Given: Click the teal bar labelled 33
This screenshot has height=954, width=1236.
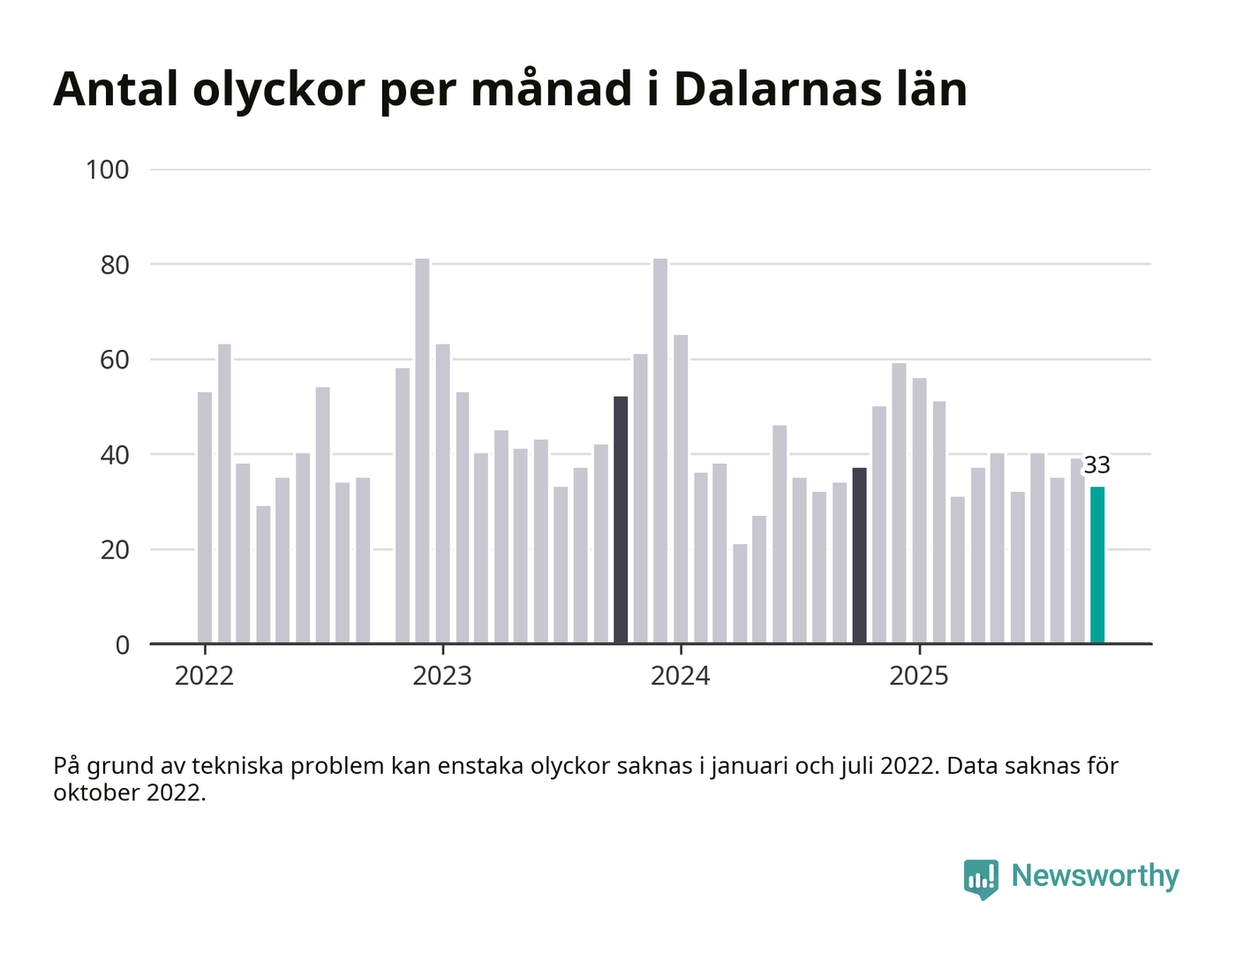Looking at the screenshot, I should coord(1097,565).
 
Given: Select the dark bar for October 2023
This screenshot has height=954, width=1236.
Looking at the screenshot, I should coord(621,520).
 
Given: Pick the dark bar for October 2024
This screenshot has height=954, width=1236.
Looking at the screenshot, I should coord(859,556).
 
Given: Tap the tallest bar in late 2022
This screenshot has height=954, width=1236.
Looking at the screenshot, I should coord(422,450).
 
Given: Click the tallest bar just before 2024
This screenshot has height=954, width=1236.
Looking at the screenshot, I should coord(660,450).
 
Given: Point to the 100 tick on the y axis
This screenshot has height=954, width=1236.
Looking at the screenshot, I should coord(107,170).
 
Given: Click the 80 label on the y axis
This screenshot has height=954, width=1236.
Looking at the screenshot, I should coord(115,265).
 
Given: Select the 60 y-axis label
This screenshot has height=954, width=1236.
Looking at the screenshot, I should coord(115,360).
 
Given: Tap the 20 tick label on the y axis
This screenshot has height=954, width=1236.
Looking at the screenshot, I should coord(115,549).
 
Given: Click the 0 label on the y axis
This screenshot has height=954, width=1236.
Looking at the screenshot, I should coord(122,645).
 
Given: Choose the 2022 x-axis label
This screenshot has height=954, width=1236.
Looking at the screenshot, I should coord(204,677).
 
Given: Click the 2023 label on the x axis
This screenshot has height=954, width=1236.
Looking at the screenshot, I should coord(442,677).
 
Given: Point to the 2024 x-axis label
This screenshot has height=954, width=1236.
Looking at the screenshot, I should coord(680,677).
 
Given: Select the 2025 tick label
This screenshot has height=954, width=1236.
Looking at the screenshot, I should coord(918,677).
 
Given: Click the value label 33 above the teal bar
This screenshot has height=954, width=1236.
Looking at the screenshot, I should coord(1097,466).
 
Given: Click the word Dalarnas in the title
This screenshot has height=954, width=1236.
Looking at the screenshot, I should coord(776,89).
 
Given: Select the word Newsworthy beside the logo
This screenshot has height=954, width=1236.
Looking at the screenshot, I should coord(1095,875).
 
